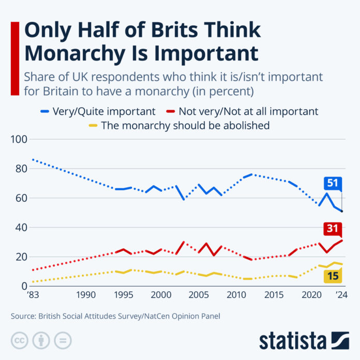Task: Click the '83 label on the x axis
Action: tap(33, 295)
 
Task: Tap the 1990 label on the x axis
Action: tap(86, 295)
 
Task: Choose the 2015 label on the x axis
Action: tap(274, 295)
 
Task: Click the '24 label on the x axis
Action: tap(341, 295)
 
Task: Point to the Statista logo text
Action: tap(293, 341)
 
